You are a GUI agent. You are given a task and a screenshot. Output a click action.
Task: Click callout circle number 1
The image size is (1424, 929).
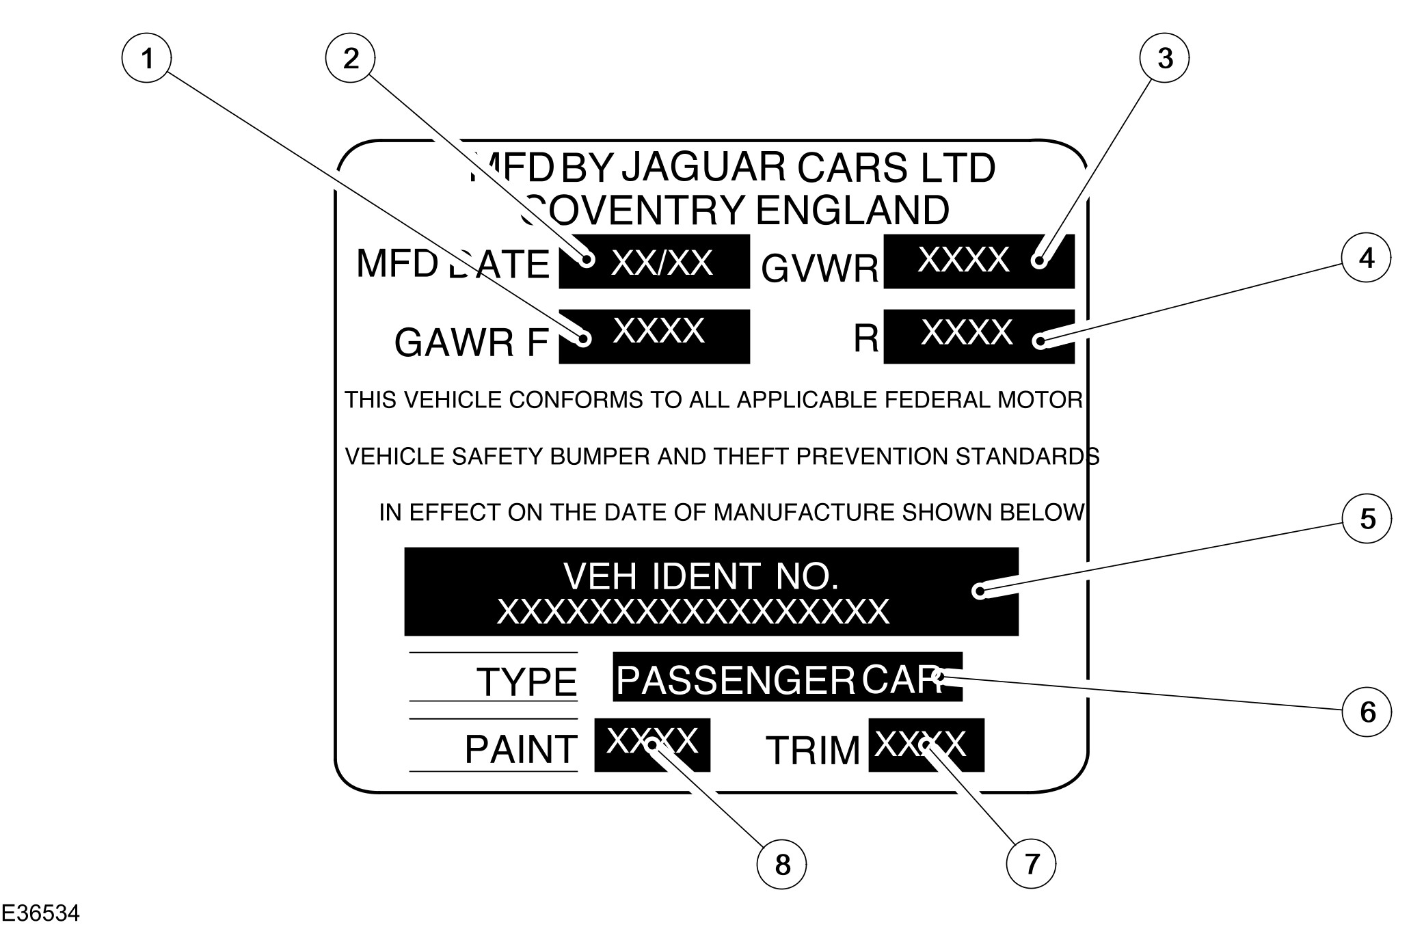click(146, 59)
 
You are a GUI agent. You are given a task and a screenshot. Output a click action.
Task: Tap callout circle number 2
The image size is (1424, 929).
click(351, 59)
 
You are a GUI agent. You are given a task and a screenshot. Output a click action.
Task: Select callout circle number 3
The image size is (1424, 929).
click(1165, 59)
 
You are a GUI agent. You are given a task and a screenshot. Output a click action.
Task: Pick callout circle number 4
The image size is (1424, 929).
click(1366, 258)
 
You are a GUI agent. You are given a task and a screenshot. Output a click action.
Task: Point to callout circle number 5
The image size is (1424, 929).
click(1367, 519)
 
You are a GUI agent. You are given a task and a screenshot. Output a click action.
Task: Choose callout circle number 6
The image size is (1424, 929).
click(1367, 712)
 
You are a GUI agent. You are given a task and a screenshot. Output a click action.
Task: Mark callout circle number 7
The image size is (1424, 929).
click(1031, 864)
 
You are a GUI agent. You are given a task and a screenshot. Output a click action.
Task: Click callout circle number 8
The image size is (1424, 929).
click(782, 865)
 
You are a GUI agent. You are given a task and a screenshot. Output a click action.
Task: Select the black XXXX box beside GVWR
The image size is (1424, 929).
click(978, 261)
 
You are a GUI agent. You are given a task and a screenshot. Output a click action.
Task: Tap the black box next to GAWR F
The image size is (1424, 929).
click(654, 336)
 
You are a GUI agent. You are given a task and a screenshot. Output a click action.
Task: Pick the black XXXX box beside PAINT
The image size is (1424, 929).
click(651, 745)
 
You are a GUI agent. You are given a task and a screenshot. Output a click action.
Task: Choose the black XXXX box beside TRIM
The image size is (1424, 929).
click(926, 745)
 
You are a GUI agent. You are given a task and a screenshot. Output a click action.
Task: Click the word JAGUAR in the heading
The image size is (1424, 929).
click(703, 167)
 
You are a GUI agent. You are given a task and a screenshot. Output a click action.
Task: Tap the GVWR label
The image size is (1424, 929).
click(819, 269)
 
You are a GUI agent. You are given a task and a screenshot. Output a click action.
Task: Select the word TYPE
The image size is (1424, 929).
click(526, 682)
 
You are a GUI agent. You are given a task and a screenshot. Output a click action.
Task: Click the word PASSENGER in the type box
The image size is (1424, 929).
click(735, 679)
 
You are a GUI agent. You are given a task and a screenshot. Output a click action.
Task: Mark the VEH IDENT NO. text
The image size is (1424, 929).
click(701, 576)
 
